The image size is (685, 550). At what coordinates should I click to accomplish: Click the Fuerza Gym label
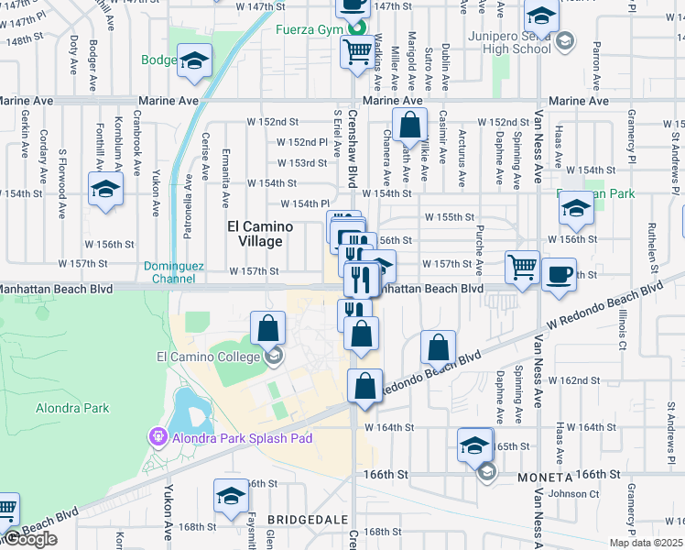coord(309,28)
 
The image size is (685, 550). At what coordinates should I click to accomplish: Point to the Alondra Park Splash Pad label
coord(239,438)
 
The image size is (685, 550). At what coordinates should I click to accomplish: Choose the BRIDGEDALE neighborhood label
coord(297,519)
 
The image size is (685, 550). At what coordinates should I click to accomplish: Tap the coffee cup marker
coord(558,272)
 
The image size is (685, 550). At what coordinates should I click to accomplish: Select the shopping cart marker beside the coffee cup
coord(522,268)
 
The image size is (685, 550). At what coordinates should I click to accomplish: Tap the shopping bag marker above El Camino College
coord(267,327)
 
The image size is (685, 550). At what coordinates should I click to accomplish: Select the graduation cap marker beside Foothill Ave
coord(105,190)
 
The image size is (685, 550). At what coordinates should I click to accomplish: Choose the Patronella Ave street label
coord(188,212)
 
